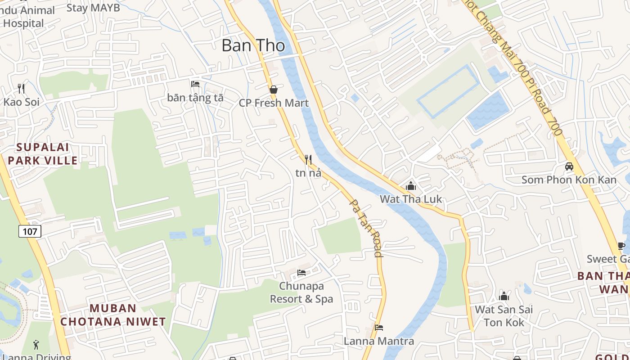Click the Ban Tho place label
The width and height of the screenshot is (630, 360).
click(253, 45)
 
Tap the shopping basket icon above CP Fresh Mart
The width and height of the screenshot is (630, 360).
click(273, 90)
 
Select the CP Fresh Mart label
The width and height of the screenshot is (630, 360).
click(274, 103)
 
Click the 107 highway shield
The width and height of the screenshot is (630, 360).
click(30, 231)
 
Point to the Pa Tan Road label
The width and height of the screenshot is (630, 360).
click(366, 228)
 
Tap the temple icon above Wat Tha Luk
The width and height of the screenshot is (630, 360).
click(410, 186)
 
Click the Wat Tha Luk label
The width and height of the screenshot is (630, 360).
click(411, 199)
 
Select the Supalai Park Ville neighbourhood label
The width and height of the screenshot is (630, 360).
click(43, 153)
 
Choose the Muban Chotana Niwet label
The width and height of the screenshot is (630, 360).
click(113, 315)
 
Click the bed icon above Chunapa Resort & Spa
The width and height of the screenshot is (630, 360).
click(301, 273)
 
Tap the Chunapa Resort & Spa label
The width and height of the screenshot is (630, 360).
click(301, 292)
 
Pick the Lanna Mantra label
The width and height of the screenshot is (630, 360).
click(379, 341)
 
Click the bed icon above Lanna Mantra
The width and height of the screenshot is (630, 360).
click(379, 328)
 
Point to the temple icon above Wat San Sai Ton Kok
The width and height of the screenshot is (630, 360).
click(504, 296)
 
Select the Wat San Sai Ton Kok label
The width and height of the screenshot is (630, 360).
click(504, 316)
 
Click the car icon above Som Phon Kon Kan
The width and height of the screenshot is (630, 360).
click(569, 166)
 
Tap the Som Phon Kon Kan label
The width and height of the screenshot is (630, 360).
click(569, 180)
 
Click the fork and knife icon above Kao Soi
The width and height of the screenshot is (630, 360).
click(21, 88)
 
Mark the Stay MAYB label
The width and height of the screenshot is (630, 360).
click(93, 8)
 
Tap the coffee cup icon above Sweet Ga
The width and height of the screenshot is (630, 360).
click(621, 246)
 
